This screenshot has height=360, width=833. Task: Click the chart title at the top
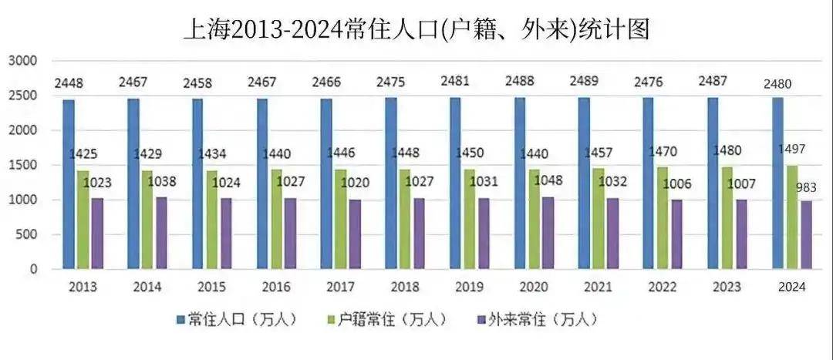(416, 29)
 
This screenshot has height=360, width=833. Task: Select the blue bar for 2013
(69, 184)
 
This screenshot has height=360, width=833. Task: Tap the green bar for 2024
(791, 217)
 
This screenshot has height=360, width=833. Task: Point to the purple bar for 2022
(676, 234)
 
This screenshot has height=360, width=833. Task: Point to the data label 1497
(786, 149)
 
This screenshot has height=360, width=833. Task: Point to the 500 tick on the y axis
(28, 234)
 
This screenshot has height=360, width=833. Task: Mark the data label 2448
(69, 83)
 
